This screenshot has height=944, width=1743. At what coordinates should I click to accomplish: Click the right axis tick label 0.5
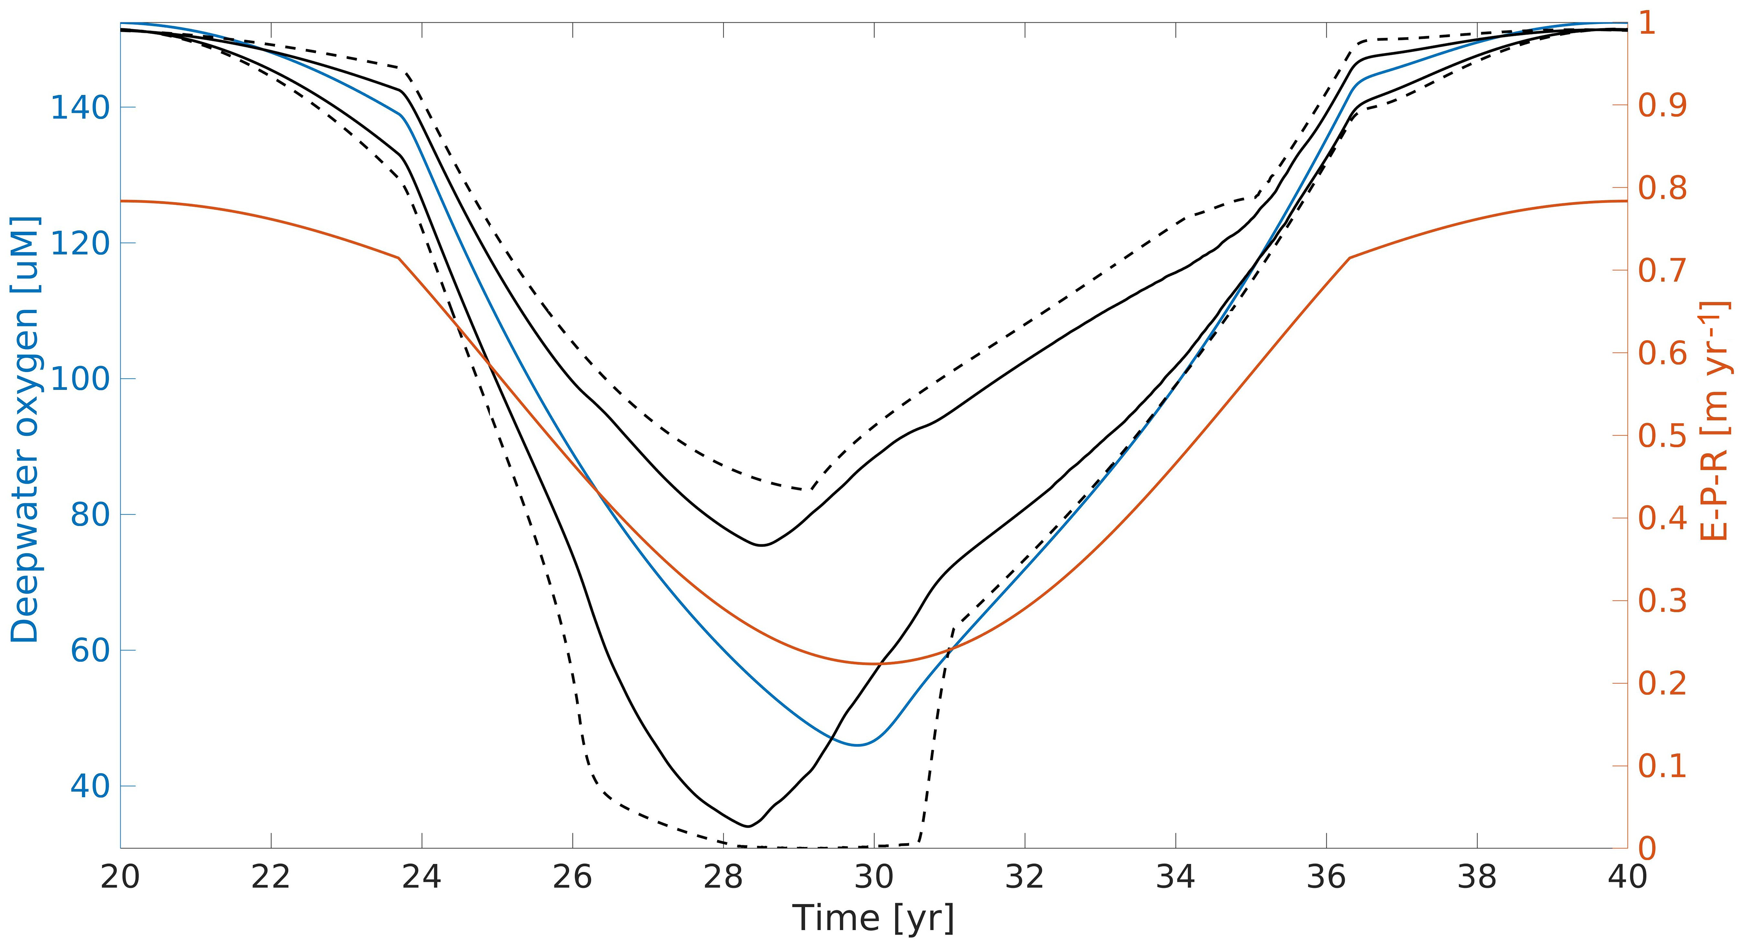pyautogui.click(x=1662, y=436)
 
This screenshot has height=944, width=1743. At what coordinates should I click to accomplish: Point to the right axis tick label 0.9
pyautogui.click(x=1662, y=105)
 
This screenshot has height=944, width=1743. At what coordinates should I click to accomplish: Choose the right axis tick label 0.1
pyautogui.click(x=1662, y=766)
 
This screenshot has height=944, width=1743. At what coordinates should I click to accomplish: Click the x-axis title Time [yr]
pyautogui.click(x=874, y=918)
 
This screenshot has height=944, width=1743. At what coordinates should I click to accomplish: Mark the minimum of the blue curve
pyautogui.click(x=857, y=745)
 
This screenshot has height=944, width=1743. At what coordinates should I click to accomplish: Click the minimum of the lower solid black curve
pyautogui.click(x=747, y=826)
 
